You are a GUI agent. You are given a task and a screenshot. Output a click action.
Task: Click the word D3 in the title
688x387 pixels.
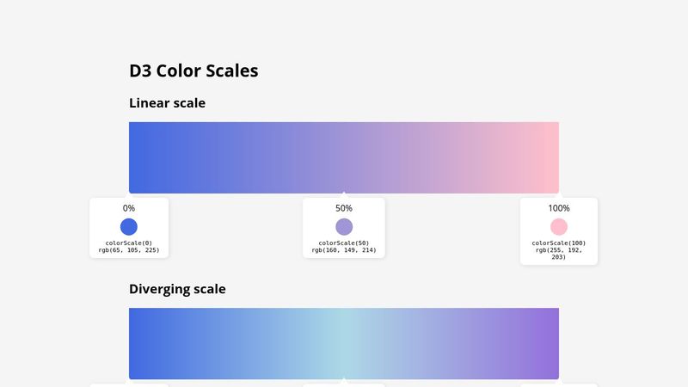coord(140,71)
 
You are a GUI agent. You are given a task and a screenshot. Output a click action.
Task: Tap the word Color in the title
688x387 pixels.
coord(181,71)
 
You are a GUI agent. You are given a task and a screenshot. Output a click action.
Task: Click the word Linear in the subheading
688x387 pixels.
coord(149,103)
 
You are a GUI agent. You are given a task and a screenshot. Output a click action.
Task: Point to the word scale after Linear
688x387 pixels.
coord(189,103)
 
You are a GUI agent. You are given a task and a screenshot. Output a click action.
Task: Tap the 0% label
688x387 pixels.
coord(129,208)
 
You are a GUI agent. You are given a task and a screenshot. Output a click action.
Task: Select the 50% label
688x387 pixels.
coord(344,208)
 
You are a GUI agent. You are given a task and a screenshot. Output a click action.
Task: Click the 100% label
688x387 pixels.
coord(559,208)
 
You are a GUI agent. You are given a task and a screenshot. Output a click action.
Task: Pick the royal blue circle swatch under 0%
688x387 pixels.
coord(129,227)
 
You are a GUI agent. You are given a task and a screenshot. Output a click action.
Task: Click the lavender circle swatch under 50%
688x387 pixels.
coord(344,227)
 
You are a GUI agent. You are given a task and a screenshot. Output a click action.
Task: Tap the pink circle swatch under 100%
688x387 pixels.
coord(559,227)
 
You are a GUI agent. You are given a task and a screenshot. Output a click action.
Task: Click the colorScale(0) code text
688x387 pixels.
coord(129,243)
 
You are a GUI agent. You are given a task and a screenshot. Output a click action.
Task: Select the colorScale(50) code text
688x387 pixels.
coord(344,243)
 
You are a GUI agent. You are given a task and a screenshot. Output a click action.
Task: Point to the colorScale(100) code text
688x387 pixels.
coord(559,243)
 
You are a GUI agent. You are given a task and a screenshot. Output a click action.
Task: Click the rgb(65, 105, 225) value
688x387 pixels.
coord(129,250)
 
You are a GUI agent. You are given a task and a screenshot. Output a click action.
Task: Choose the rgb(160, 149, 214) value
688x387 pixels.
coord(344,250)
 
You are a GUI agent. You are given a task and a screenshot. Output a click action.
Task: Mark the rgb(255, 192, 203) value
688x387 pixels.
coord(559,254)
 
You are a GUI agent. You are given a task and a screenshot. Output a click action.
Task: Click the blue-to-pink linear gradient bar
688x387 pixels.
coord(344,157)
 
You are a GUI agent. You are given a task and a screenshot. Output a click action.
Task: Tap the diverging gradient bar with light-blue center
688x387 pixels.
coord(344,343)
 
